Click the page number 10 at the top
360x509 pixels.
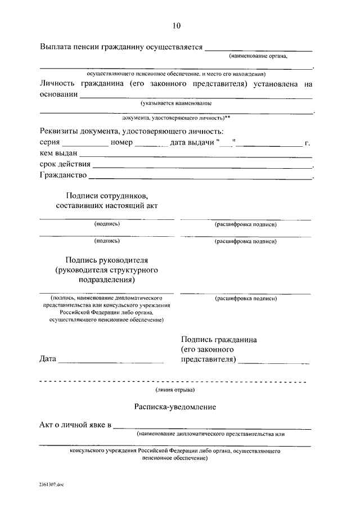[x=177, y=25]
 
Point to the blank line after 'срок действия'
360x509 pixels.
[x=202, y=167]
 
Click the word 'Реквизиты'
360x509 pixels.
[x=61, y=131]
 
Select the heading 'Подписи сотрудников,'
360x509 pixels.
[x=107, y=195]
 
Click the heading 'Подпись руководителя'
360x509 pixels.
[x=107, y=260]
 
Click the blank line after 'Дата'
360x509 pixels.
[x=111, y=362]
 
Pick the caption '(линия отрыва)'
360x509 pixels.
[x=175, y=390]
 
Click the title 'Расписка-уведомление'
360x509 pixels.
[x=175, y=407]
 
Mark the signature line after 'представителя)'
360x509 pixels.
[x=273, y=362]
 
